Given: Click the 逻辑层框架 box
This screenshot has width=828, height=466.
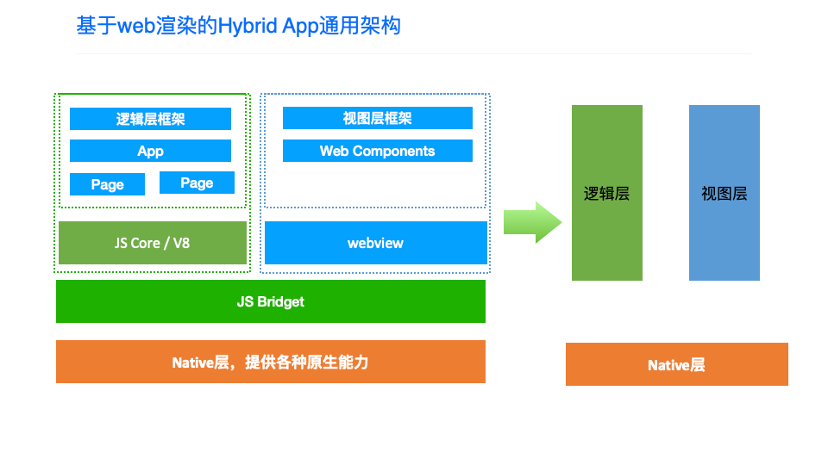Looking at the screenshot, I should [x=150, y=119].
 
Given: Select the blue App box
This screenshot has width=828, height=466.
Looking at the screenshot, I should [x=150, y=151].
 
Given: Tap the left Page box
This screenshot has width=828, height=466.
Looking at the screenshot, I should [x=107, y=184].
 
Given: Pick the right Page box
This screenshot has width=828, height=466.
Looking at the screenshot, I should [x=196, y=182].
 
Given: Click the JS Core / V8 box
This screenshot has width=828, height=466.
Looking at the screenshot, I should [x=152, y=243].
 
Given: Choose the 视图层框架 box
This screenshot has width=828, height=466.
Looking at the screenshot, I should [x=377, y=118].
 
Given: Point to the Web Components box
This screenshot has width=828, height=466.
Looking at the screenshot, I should [x=377, y=151].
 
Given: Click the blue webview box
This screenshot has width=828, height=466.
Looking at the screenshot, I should [x=375, y=243].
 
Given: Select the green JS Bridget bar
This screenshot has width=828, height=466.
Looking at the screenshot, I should [x=270, y=301].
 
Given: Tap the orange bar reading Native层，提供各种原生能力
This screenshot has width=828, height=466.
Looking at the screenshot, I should [x=270, y=362].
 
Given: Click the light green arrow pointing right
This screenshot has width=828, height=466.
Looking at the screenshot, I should [x=532, y=221].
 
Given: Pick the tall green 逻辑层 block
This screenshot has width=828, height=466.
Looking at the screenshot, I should [x=606, y=193].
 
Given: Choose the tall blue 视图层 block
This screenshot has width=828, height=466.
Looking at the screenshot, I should [x=724, y=193].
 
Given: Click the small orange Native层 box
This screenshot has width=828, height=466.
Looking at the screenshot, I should [x=676, y=365].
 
